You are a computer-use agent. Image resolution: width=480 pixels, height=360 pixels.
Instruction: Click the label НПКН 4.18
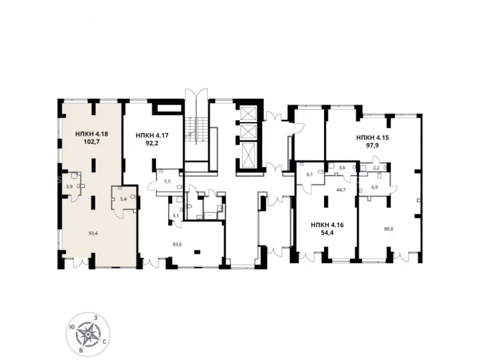click(92, 134)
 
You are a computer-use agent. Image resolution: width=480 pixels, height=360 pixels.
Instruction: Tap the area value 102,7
click(92, 142)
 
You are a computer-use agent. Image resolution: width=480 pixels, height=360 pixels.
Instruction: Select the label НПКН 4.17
click(152, 135)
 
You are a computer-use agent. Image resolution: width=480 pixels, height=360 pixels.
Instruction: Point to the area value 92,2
click(152, 143)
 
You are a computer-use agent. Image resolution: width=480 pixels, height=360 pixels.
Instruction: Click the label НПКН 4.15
click(372, 137)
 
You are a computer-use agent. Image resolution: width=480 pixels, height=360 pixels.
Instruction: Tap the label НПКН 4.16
click(327, 225)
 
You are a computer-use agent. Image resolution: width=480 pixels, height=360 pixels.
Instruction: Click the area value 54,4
click(327, 233)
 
